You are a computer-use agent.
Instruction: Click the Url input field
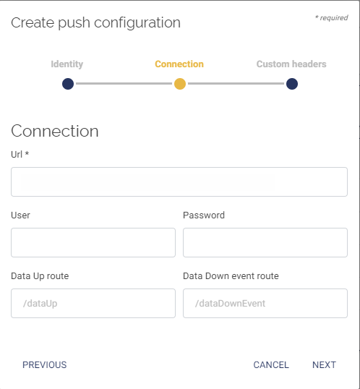click(179, 182)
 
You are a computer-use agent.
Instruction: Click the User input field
click(93, 242)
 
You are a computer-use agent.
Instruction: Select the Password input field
click(265, 242)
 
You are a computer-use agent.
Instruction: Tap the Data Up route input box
click(93, 303)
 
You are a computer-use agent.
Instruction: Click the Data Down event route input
click(265, 303)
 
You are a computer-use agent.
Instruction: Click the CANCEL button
click(271, 365)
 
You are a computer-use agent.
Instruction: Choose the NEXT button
click(324, 365)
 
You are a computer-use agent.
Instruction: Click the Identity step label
click(67, 64)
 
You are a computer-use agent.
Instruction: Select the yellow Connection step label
click(179, 64)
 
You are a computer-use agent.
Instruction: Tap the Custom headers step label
click(291, 64)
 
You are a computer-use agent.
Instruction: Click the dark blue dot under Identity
click(68, 84)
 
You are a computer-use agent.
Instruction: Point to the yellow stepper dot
click(180, 84)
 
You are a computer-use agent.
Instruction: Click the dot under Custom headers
click(292, 84)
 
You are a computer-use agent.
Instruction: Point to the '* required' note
click(332, 18)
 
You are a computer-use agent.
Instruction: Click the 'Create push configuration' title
click(95, 23)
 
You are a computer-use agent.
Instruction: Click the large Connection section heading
click(55, 131)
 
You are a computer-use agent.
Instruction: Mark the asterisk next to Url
click(27, 153)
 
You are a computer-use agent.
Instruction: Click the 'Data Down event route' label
click(231, 276)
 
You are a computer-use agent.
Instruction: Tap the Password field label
click(204, 215)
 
